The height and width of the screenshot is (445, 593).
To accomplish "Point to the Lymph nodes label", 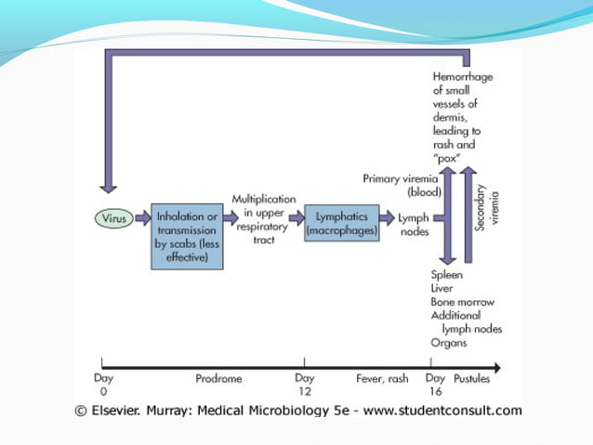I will [414, 224].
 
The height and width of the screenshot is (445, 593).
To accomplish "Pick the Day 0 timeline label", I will [103, 385].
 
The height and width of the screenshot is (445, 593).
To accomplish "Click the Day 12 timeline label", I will [304, 385].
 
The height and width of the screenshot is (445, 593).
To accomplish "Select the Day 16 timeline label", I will [435, 385].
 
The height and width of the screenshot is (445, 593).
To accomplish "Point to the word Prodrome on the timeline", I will [218, 378].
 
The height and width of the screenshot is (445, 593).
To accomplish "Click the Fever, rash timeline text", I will [382, 378].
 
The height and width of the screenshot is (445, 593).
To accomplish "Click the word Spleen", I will [448, 276].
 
